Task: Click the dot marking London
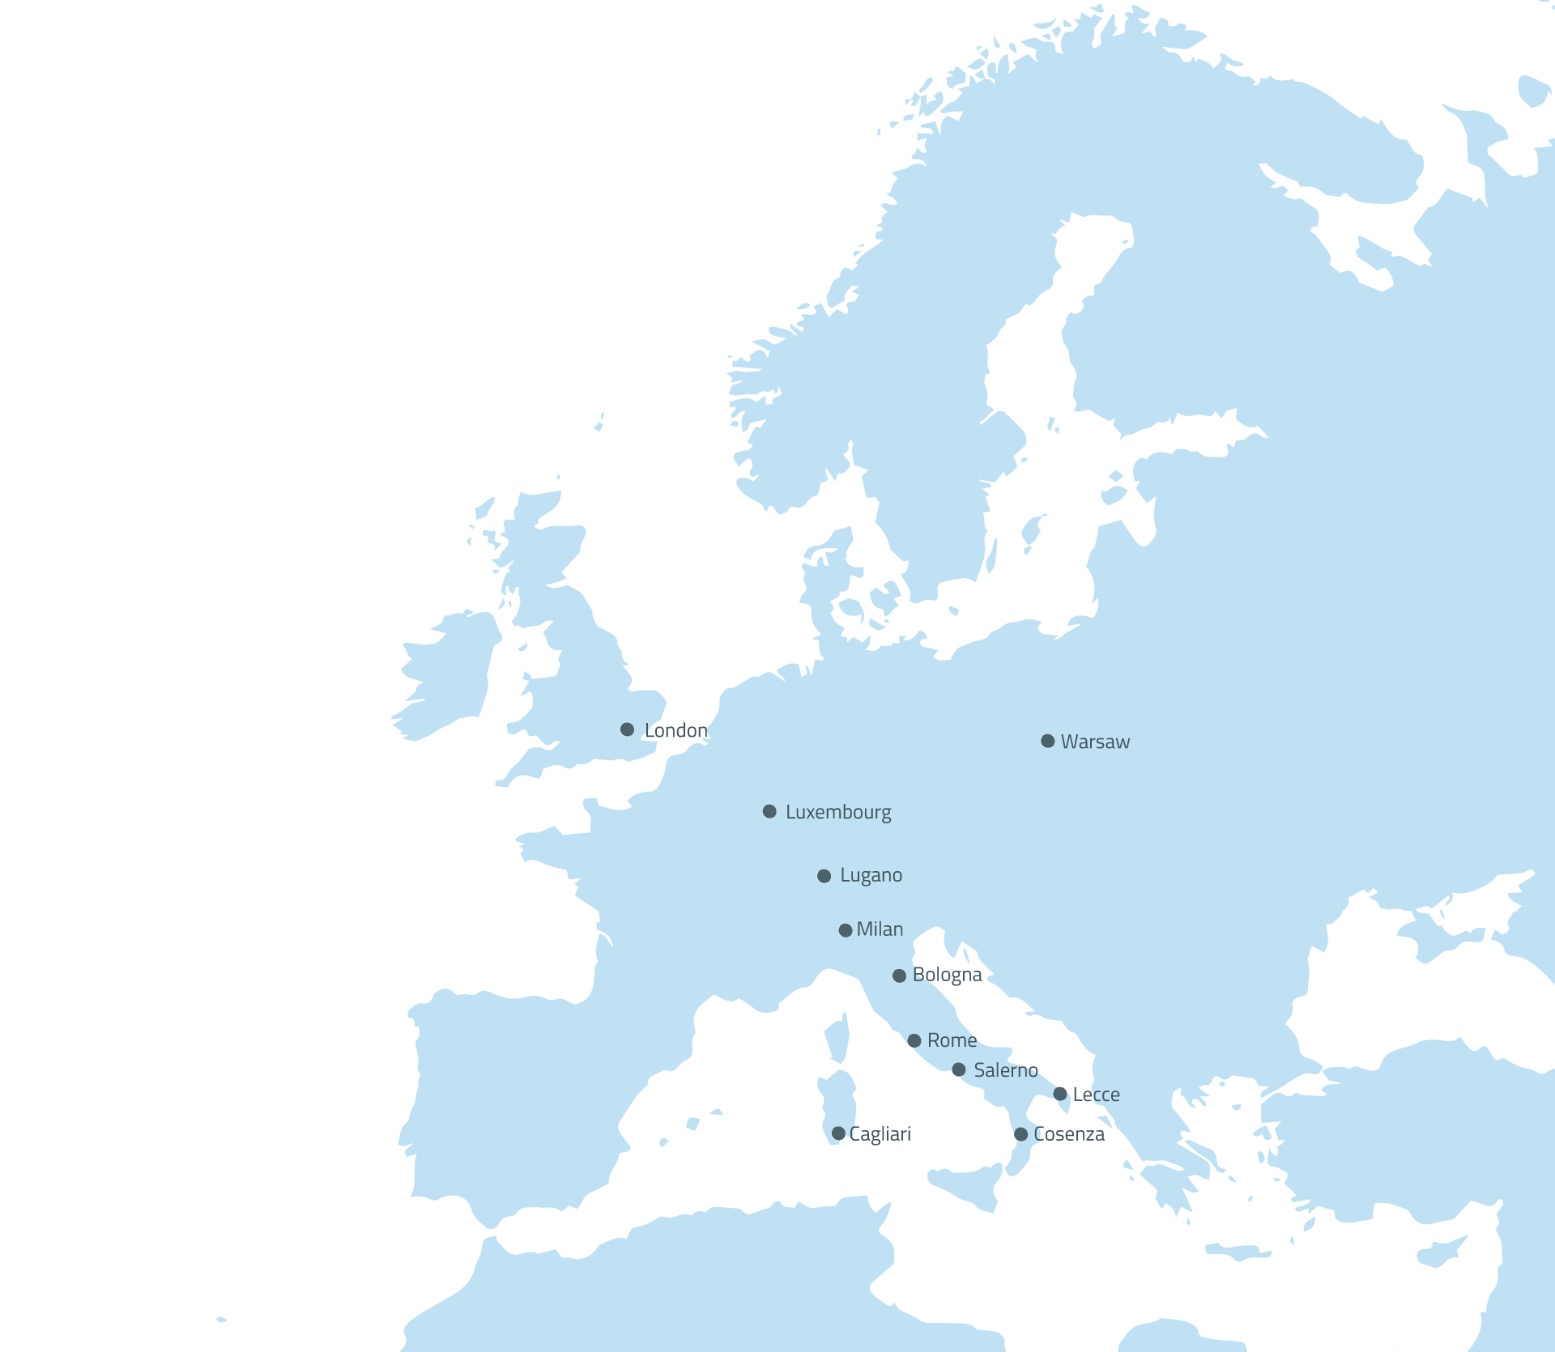tap(627, 729)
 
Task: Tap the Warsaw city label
tap(1095, 742)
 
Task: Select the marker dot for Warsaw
tap(1047, 741)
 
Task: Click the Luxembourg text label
tap(838, 812)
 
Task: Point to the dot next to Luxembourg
tap(769, 811)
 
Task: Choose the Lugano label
tap(871, 875)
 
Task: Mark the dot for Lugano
tap(824, 876)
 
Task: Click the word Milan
tap(880, 929)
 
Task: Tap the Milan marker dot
tap(846, 930)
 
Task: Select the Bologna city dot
tap(899, 976)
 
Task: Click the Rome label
tap(952, 1040)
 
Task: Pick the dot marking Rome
tap(914, 1040)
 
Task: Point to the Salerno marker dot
tap(959, 1069)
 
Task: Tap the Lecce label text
tap(1096, 1095)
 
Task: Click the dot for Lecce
tap(1060, 1094)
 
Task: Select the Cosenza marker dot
tap(1021, 1134)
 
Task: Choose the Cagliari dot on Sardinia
tap(838, 1133)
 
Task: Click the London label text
tap(675, 730)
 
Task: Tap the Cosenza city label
tap(1069, 1134)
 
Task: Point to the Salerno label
tap(1006, 1070)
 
